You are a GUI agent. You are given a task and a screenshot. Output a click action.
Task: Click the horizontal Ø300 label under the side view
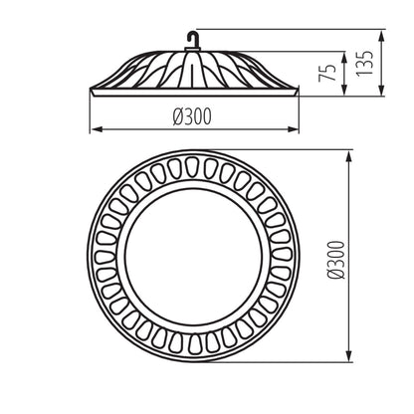coord(192,117)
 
